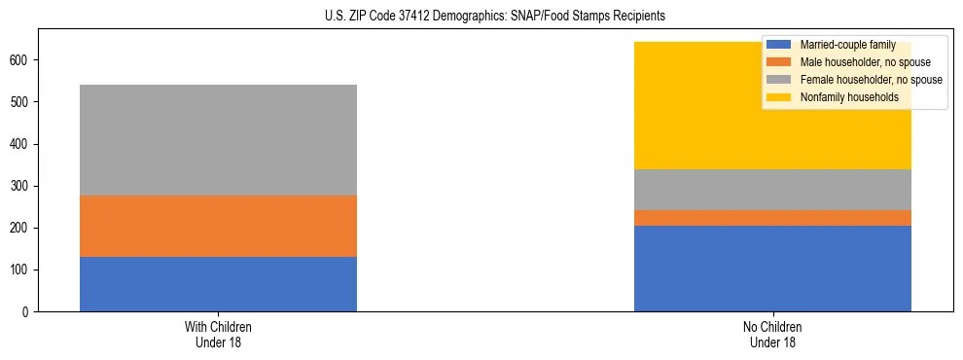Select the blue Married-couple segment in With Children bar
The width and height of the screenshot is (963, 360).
tap(218, 284)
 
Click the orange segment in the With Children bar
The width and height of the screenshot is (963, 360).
tap(218, 226)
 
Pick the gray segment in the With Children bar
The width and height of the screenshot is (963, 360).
tap(218, 140)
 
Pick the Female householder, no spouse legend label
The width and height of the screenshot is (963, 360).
tap(870, 80)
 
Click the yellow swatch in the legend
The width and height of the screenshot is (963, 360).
tap(779, 97)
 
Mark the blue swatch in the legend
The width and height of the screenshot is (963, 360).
tap(779, 45)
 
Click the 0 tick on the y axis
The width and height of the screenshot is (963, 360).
tap(29, 312)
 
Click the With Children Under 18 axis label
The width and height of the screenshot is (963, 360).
tap(218, 334)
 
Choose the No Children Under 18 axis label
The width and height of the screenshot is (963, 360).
tap(772, 334)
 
